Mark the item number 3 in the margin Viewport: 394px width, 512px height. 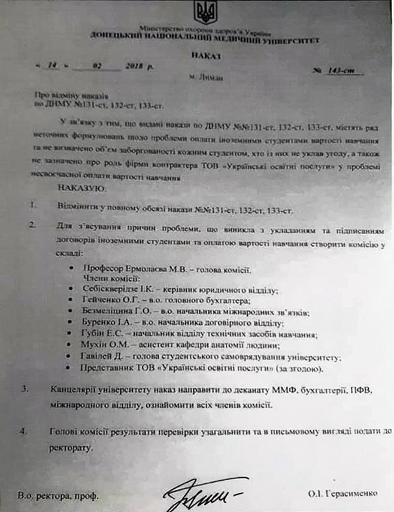24,389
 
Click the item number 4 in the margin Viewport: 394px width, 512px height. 24,431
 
